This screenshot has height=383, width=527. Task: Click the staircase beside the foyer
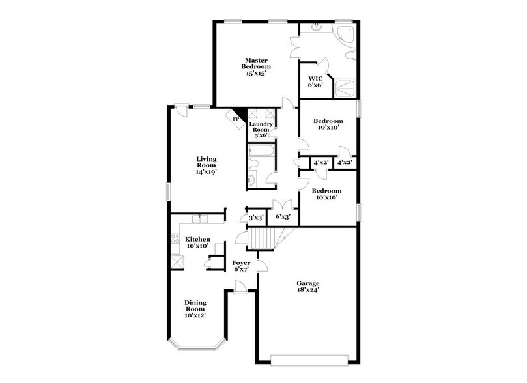tap(263, 239)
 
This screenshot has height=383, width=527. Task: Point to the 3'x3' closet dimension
tap(255, 218)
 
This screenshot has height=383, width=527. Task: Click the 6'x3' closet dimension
tap(283, 217)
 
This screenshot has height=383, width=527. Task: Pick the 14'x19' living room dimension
tap(207, 173)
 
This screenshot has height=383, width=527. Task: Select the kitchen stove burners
tap(175, 240)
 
